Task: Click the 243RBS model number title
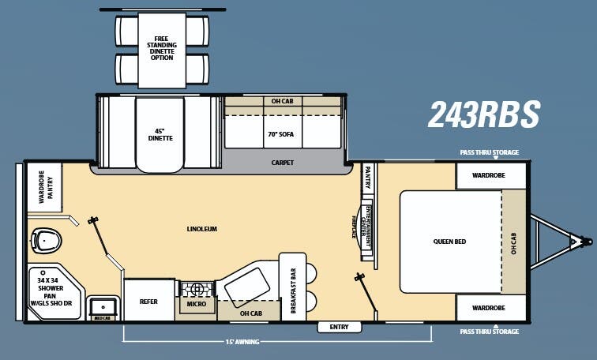pos(483,115)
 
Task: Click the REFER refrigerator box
pos(148,300)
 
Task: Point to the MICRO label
pos(196,303)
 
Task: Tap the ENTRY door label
pos(339,327)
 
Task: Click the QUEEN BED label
pos(449,241)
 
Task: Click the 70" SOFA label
pos(282,133)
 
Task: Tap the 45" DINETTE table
pos(160,133)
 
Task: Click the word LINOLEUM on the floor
pos(201,229)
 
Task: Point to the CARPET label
pos(282,163)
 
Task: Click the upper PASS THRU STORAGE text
pos(490,152)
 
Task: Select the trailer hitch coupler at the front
pos(585,241)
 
